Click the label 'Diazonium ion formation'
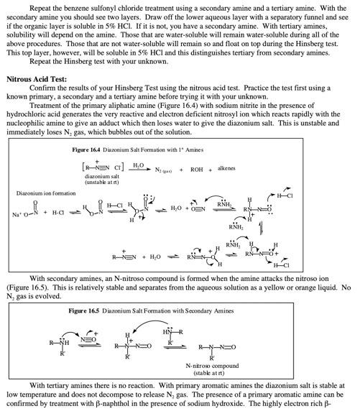(44, 193)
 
